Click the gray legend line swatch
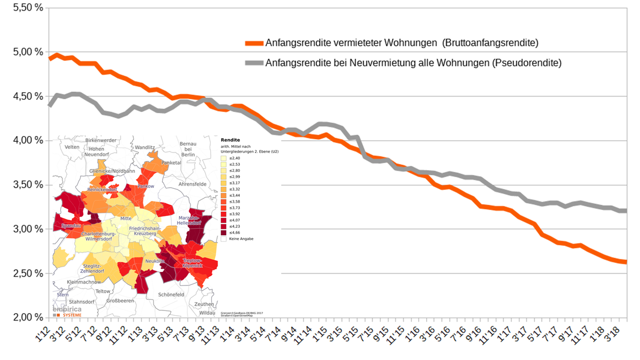coord(254,63)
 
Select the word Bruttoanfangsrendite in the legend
coord(492,43)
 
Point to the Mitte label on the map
coord(126,219)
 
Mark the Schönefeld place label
coord(171,294)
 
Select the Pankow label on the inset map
coord(146,186)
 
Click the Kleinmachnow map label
coord(84,281)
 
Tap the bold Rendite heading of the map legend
coord(230,140)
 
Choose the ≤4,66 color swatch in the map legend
coord(224,232)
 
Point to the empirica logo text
coord(67,309)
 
